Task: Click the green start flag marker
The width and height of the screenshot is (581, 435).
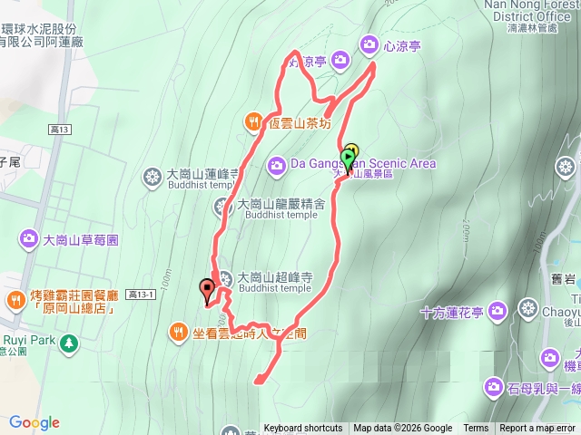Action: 350,156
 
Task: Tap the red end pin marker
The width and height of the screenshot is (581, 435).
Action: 207,291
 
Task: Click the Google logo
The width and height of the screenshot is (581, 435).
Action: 34,422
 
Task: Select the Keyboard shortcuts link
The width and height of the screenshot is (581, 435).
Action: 303,429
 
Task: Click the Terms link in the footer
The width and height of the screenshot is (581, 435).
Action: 476,429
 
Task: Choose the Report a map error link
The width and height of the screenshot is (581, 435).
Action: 538,429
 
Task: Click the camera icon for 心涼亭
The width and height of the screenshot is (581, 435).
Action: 369,43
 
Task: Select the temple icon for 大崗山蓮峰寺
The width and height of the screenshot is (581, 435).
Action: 152,175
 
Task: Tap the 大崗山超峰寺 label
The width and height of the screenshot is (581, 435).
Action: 274,277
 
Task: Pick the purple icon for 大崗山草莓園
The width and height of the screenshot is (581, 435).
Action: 27,240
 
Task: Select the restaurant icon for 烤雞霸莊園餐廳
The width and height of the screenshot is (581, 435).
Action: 15,300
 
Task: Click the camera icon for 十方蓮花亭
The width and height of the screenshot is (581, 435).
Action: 496,312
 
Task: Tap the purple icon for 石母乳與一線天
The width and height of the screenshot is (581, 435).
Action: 493,387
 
